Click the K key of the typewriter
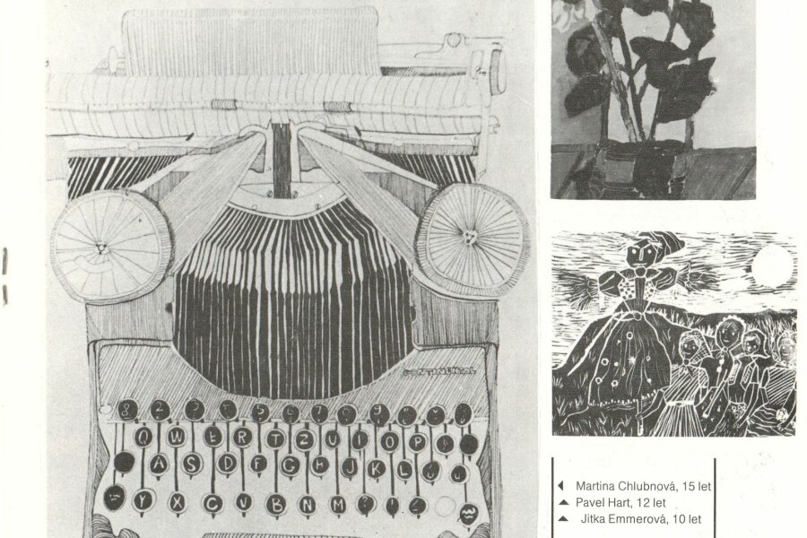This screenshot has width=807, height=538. (x=377, y=467)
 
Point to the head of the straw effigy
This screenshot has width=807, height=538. (x=642, y=250)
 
